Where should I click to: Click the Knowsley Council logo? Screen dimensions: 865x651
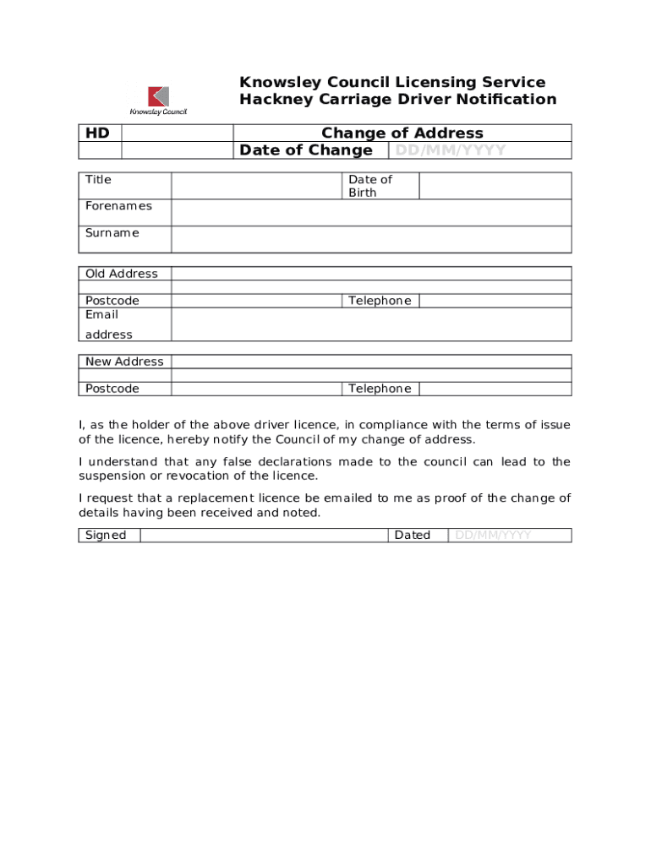coord(158,100)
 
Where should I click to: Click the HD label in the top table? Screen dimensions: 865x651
coord(97,133)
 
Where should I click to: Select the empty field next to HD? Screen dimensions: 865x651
coord(177,133)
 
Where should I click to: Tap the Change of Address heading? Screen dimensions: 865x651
coord(402,133)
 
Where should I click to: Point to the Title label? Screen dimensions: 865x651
coord(98,180)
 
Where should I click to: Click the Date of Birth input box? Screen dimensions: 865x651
coord(495,186)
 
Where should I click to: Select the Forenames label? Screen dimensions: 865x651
coord(118,206)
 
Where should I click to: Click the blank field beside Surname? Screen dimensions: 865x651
coord(370,239)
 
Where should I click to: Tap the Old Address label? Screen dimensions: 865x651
coord(121,274)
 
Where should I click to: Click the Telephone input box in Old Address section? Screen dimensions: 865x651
coord(495,301)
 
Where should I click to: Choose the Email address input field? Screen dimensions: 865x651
coord(370,324)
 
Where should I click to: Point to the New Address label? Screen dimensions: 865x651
coord(124,362)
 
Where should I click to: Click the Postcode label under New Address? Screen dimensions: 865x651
coord(112,389)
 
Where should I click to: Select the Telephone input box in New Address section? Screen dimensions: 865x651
coord(495,389)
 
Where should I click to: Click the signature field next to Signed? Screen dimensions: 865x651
coord(264,535)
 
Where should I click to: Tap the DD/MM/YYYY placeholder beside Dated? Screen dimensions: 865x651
coord(493,535)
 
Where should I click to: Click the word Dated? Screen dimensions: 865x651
coord(412,535)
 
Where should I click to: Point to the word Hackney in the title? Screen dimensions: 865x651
coord(275,100)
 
